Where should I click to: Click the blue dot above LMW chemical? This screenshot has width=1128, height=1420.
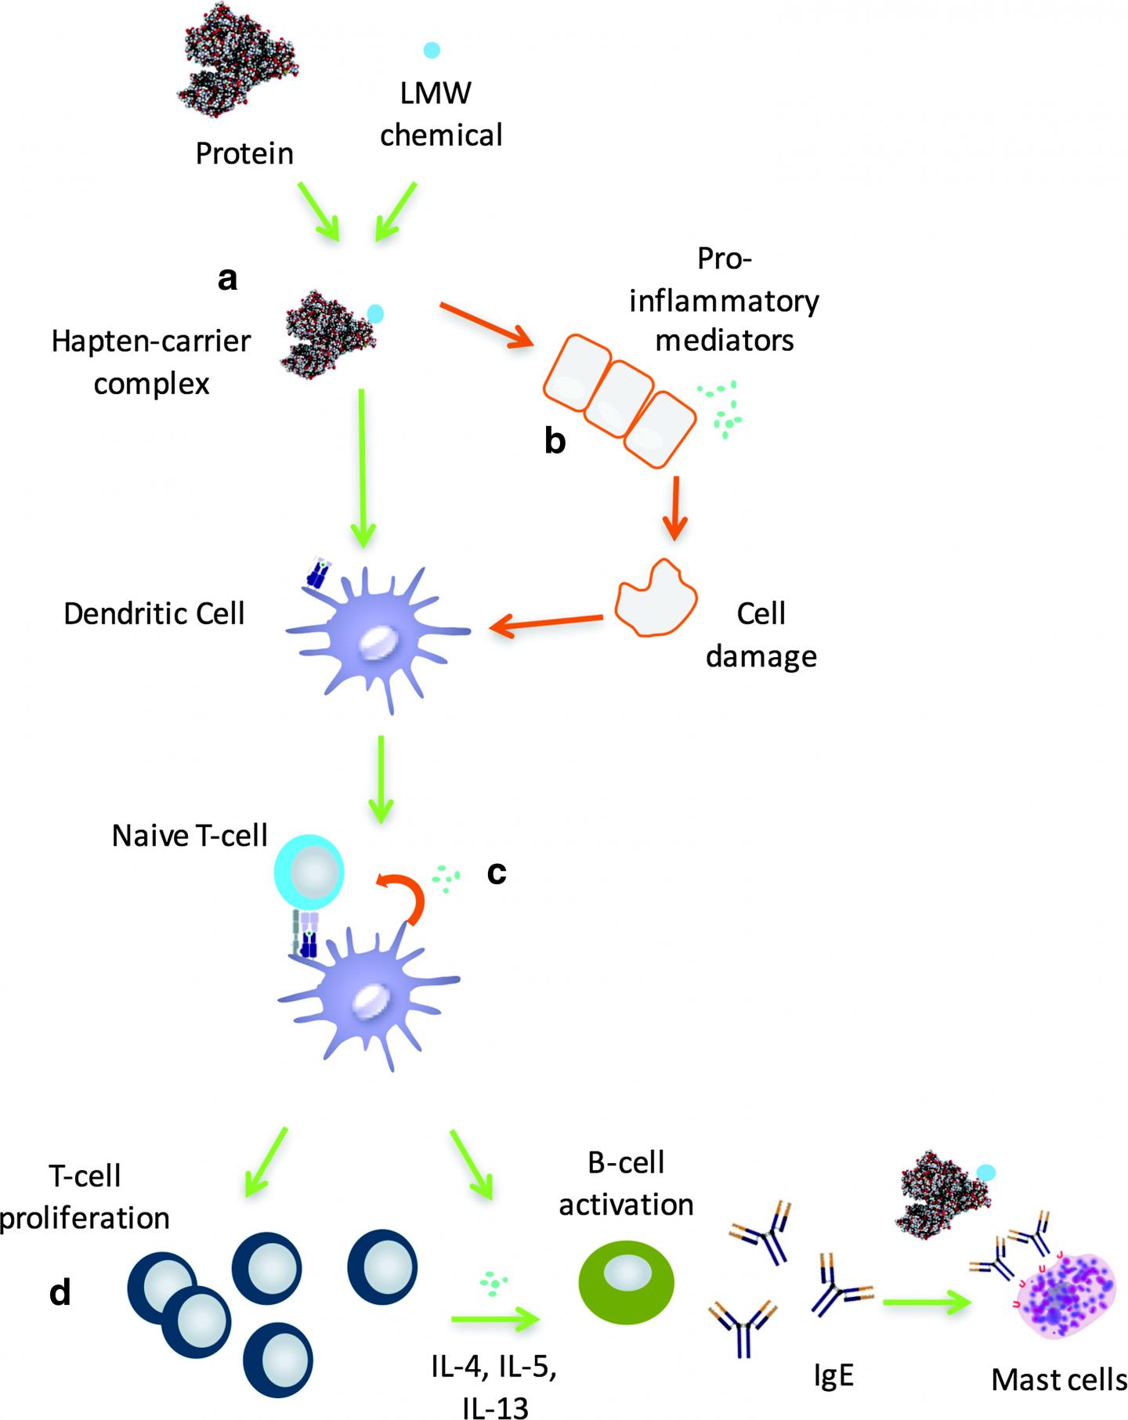coord(431,50)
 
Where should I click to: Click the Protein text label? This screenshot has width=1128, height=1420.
coord(244,154)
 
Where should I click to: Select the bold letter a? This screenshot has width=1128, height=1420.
coord(227,278)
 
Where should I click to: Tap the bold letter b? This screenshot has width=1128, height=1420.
coord(555,442)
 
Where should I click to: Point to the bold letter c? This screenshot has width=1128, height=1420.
coord(497,873)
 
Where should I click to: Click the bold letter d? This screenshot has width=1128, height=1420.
coord(60,1293)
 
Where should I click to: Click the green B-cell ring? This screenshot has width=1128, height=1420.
coord(626,1281)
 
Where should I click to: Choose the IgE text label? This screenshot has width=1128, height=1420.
coord(833,1376)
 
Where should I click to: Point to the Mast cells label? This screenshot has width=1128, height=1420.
coord(1059,1379)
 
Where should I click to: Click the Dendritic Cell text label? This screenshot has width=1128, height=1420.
coord(154,613)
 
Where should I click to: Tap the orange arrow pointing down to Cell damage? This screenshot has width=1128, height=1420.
coord(674,511)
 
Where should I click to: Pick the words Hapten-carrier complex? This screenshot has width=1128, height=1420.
coord(151,363)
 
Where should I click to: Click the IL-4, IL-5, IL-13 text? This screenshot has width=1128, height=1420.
coord(493,1388)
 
